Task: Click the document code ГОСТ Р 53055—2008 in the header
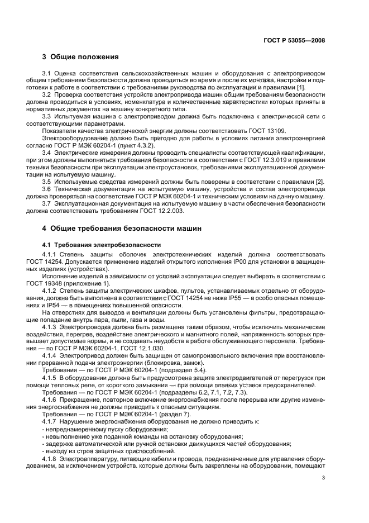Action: pos(295,40)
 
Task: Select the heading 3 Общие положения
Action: pos(80,56)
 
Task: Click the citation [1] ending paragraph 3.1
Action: pos(300,88)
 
